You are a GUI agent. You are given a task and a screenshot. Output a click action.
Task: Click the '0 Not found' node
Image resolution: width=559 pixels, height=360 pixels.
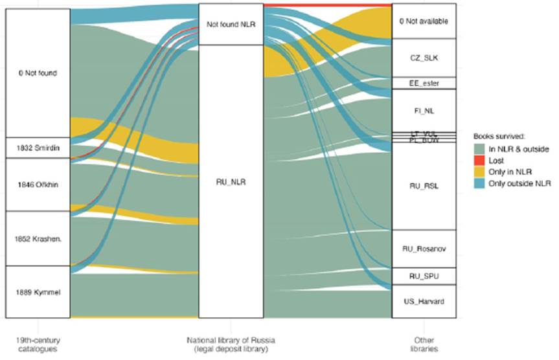pyautogui.click(x=37, y=73)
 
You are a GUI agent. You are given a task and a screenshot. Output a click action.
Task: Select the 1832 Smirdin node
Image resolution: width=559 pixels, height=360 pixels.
pyautogui.click(x=37, y=148)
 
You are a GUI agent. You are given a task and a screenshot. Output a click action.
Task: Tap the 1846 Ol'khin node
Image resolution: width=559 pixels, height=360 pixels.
pyautogui.click(x=37, y=185)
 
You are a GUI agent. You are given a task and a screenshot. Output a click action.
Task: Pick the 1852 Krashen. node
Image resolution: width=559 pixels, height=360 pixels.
pyautogui.click(x=37, y=238)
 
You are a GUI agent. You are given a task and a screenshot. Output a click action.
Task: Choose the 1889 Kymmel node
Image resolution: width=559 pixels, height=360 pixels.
pyautogui.click(x=37, y=291)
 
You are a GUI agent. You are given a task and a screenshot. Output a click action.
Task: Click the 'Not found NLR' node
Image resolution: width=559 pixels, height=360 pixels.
pyautogui.click(x=231, y=25)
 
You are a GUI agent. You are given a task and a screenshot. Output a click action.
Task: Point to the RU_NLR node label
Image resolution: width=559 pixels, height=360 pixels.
pyautogui.click(x=231, y=182)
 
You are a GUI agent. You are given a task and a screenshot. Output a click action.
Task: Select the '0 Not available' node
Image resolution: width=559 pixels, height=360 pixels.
pyautogui.click(x=424, y=21)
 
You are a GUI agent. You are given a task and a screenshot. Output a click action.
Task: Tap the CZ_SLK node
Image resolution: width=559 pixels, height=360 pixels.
pyautogui.click(x=424, y=58)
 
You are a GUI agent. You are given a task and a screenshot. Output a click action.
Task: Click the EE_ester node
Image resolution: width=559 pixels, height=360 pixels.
pyautogui.click(x=424, y=83)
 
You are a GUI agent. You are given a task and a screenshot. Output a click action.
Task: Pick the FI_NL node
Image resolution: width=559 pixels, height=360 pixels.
pyautogui.click(x=424, y=110)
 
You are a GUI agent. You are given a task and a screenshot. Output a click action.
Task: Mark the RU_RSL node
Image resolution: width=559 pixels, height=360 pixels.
pyautogui.click(x=424, y=186)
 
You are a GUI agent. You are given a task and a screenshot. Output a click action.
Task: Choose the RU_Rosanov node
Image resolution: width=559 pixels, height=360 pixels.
pyautogui.click(x=424, y=249)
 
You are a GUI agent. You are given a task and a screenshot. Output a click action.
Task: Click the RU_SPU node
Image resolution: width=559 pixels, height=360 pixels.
pyautogui.click(x=424, y=276)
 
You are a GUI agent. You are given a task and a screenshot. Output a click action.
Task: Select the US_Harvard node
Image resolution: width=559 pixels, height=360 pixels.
pyautogui.click(x=424, y=301)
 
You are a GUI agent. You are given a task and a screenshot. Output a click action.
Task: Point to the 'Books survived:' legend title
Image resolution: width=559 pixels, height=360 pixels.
pyautogui.click(x=498, y=137)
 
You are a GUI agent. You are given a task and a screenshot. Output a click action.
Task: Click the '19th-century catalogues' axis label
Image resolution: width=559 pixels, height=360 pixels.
pyautogui.click(x=37, y=343)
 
